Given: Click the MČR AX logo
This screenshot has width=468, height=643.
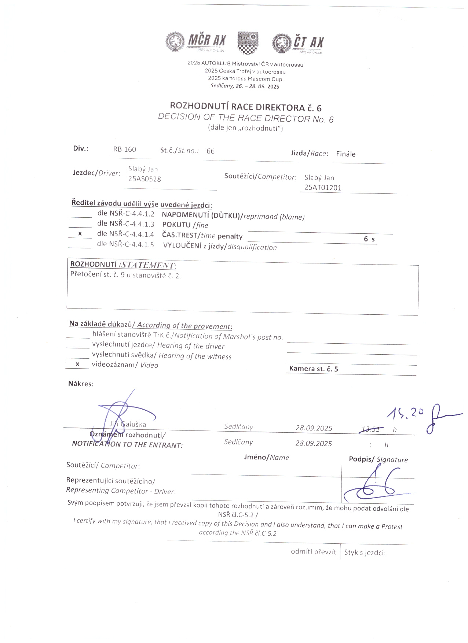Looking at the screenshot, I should click(x=196, y=42).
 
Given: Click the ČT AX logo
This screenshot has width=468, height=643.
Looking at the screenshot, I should click(x=298, y=43).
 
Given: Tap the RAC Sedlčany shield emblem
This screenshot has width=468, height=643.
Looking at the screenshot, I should click(x=248, y=43).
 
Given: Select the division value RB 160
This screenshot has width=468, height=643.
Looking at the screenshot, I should click(x=124, y=149).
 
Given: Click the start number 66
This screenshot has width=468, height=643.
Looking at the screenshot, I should click(x=211, y=151).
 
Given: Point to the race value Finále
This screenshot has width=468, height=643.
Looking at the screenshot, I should click(x=345, y=154).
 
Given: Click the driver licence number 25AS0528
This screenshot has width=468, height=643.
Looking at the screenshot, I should click(x=145, y=179).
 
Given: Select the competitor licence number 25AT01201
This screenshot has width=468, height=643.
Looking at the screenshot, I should click(x=323, y=188).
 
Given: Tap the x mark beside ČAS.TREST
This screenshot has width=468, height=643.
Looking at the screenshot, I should click(x=80, y=234).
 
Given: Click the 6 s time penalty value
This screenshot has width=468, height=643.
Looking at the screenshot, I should click(x=369, y=239).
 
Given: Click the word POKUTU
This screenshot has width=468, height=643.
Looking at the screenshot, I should click(x=176, y=225).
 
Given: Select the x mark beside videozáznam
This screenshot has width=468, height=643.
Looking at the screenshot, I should click(x=77, y=364).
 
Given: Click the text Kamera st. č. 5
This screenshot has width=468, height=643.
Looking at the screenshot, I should click(x=314, y=369).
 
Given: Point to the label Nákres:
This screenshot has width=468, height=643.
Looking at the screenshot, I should click(x=81, y=384).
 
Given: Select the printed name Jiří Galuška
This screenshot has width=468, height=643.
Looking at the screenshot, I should click(x=128, y=424).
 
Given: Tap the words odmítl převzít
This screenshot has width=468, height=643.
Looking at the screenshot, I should click(x=313, y=552).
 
